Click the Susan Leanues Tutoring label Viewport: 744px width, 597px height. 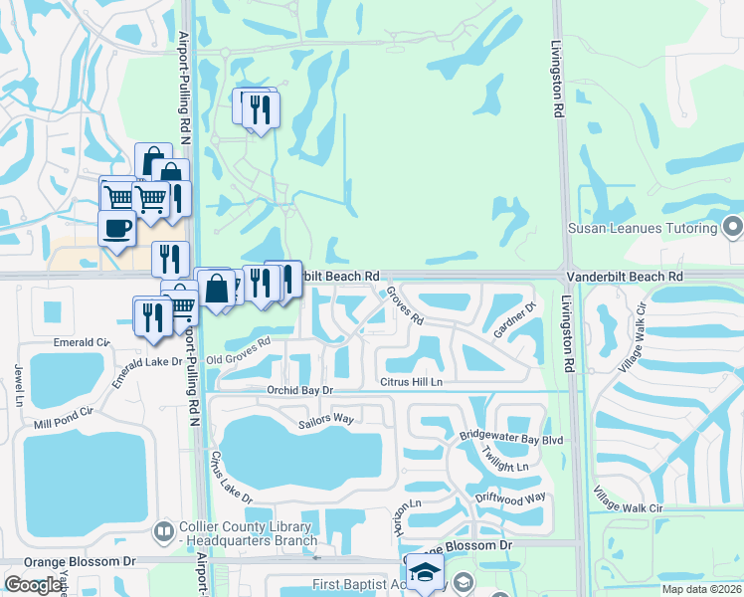tap(642, 228)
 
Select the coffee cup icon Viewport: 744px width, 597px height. tap(115, 229)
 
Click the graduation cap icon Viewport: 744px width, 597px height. tap(425, 572)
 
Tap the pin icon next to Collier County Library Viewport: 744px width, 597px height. tap(165, 533)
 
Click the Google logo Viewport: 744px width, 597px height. tap(33, 584)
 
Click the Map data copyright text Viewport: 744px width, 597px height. tap(701, 589)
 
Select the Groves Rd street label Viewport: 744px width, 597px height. tap(405, 306)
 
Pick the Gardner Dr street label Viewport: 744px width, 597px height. tap(514, 320)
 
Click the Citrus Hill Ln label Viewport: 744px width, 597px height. tap(410, 382)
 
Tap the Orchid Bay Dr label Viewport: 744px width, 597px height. tap(298, 391)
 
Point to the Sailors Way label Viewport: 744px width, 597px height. tap(326, 421)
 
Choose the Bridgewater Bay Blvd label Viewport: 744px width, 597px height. tap(511, 437)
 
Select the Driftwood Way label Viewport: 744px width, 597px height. tap(510, 497)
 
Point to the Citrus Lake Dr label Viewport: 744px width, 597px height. tap(232, 479)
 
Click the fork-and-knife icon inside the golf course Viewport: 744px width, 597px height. tap(260, 108)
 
